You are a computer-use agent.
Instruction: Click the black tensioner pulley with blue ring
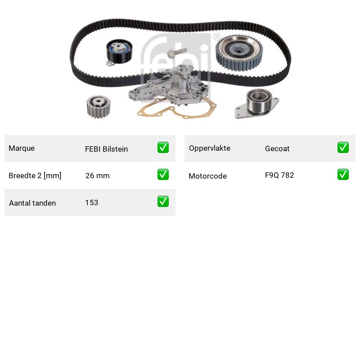(x=119, y=53)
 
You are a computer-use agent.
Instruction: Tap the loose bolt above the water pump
(x=177, y=53)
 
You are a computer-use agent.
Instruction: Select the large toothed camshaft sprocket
(x=239, y=53)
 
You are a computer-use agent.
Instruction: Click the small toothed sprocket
(x=99, y=107)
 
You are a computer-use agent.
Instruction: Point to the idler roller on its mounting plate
(x=257, y=103)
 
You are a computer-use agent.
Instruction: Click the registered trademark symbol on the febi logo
(x=217, y=37)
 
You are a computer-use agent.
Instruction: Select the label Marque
(x=22, y=148)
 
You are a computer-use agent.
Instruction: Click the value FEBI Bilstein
(x=106, y=149)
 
